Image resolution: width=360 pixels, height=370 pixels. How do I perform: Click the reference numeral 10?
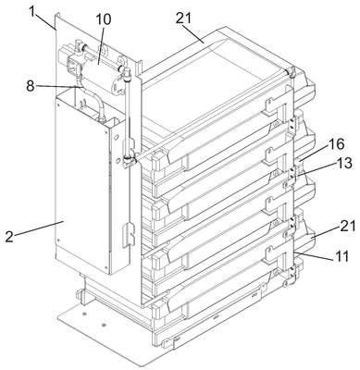[x=103, y=19]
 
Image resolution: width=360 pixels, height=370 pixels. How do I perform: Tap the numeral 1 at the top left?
[x=33, y=11]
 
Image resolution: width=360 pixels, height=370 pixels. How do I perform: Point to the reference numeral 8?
[x=30, y=86]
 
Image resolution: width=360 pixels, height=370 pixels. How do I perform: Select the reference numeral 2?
[x=9, y=237]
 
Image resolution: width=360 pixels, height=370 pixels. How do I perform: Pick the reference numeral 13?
[x=343, y=163]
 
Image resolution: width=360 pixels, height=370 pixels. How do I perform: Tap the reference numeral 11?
[x=341, y=256]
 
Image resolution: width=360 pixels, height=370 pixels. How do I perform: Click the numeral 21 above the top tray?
[x=184, y=18]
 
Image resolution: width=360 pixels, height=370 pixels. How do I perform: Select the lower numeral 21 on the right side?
[x=347, y=226]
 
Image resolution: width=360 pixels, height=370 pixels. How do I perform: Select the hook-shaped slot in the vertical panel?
[x=129, y=235]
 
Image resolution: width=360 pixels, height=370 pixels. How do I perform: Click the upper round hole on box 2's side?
[x=117, y=136]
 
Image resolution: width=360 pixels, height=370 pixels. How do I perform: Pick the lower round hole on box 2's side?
[x=118, y=160]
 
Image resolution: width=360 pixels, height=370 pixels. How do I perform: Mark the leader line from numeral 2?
[x=39, y=228]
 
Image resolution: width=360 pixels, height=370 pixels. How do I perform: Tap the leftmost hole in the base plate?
[x=84, y=314]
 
